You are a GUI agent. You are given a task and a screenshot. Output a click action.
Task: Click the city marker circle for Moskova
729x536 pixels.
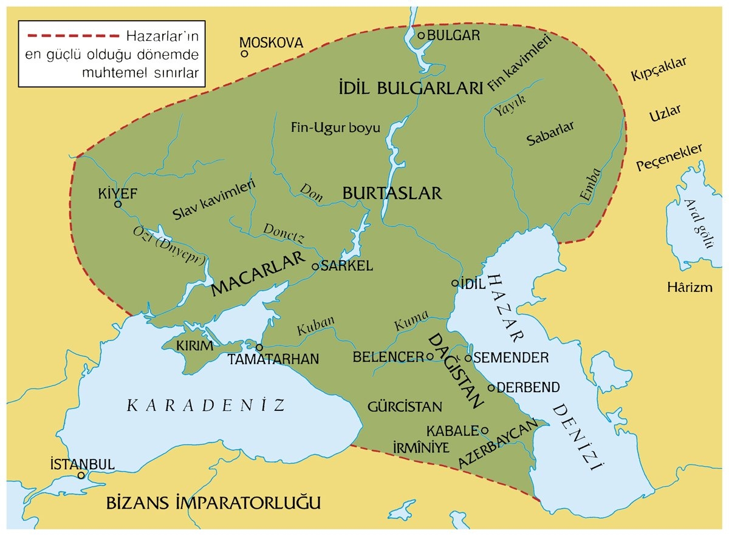244,53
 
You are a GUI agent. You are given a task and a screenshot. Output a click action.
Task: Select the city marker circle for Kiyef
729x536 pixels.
118,204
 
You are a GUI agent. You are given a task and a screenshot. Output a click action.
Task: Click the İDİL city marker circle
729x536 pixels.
455,283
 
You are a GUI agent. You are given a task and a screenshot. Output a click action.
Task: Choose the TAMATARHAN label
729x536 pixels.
273,359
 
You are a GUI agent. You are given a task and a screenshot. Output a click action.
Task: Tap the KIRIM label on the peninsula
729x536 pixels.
195,346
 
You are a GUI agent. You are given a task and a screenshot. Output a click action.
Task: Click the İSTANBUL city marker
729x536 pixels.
81,476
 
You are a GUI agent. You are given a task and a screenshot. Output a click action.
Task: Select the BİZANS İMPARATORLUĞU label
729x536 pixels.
213,503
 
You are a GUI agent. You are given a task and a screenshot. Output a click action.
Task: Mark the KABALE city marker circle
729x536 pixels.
484,430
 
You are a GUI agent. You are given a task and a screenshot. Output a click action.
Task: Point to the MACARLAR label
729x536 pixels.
258,276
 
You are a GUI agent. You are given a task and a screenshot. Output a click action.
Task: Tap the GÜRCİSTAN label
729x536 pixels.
405,407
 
